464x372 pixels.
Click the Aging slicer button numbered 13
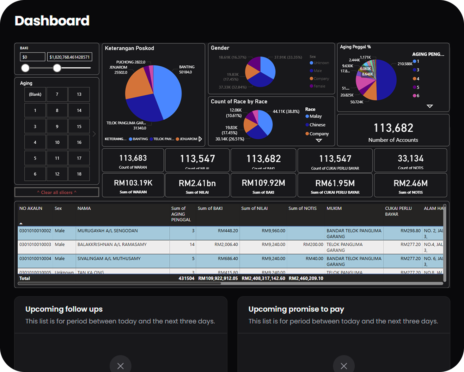[x=79, y=94]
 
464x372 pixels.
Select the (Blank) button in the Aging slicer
[x=35, y=94]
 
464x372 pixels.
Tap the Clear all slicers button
[x=57, y=192]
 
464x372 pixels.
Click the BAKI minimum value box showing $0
[x=32, y=57]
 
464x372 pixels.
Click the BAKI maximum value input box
[x=69, y=57]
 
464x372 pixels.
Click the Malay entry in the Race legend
[x=315, y=116]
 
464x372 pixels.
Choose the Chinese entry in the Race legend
[x=317, y=125]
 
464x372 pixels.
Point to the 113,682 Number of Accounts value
[x=393, y=128]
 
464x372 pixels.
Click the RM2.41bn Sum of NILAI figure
[x=197, y=183]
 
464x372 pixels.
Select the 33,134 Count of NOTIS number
[x=410, y=158]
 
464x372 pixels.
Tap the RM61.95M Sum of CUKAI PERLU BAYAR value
[x=335, y=183]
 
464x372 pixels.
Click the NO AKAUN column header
[x=31, y=209]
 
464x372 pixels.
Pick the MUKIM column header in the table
[x=334, y=209]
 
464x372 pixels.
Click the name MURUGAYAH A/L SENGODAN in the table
[x=108, y=231]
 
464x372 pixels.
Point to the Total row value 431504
[x=186, y=278]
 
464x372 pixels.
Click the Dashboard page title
[x=52, y=21]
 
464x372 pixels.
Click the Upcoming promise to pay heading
[x=296, y=309]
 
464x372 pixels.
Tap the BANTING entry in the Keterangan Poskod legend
[x=140, y=139]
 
